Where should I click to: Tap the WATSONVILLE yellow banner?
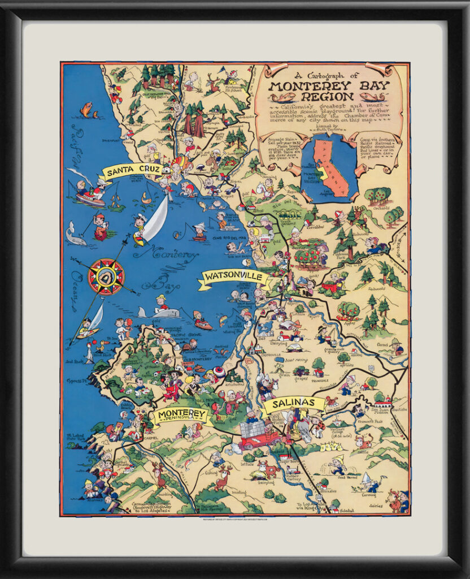tap(234, 277)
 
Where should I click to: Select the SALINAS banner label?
tap(294, 404)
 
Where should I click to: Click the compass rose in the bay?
tap(106, 276)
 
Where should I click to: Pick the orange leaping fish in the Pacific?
tap(86, 109)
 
